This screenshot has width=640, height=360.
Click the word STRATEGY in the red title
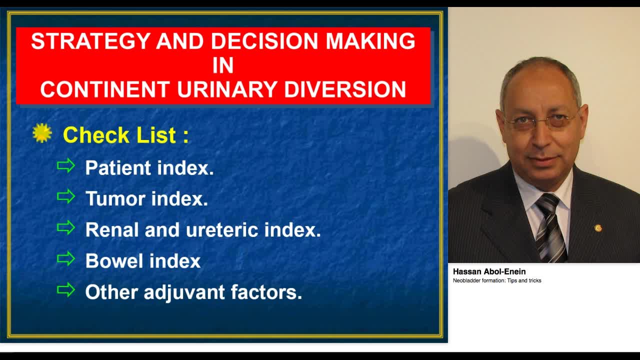pos(91,41)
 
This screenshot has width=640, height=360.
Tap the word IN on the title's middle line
pos(223,65)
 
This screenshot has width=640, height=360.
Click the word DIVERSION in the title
pos(345,89)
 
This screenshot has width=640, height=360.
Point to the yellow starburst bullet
pos(42,133)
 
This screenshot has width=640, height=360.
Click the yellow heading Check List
pos(125,135)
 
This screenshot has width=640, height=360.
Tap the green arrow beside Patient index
pos(66,165)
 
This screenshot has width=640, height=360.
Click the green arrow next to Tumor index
pos(66,196)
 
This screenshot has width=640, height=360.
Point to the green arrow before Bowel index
pos(66,259)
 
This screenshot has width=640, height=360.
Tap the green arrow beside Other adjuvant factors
pos(66,290)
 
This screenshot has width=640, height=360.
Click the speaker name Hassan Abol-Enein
pos(489,271)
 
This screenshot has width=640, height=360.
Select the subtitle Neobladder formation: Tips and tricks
pos(497,280)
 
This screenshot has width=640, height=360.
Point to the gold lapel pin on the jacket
pos(598,228)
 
